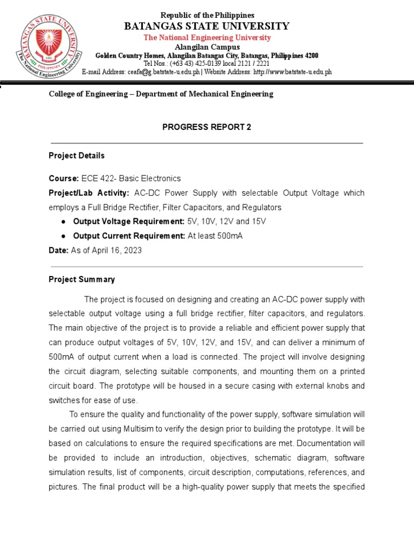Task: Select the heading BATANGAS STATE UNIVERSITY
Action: pos(207,26)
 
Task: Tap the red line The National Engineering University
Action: pos(207,37)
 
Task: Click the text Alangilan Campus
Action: pos(207,47)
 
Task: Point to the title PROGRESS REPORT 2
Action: pos(207,127)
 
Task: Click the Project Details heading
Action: pos(77,155)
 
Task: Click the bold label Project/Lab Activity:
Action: pos(89,193)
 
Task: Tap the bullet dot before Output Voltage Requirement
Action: pos(64,222)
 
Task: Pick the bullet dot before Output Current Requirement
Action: pos(64,237)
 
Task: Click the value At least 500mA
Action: pos(215,237)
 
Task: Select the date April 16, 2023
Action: pos(116,251)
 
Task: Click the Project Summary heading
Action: pos(81,279)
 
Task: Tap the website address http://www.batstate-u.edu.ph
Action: pos(292,72)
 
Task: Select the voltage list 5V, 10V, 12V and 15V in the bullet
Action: pos(226,222)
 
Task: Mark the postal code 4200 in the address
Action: pos(310,56)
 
